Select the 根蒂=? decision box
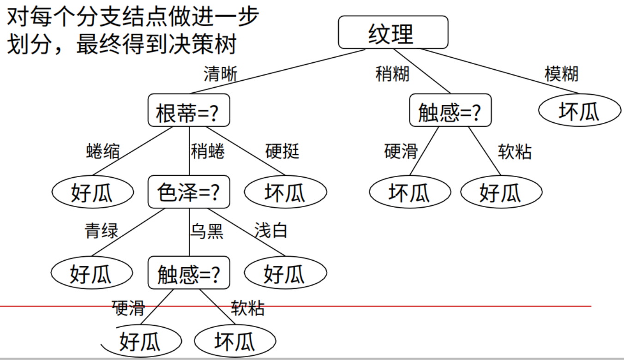pos(189,111)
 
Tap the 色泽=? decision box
pos(189,192)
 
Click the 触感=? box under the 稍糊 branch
pos(450,111)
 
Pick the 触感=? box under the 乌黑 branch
pos(189,273)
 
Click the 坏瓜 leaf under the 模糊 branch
pos(579,111)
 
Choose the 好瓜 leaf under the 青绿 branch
pos(92,273)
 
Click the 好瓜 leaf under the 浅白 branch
pos(285,273)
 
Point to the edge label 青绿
pos(101,230)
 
